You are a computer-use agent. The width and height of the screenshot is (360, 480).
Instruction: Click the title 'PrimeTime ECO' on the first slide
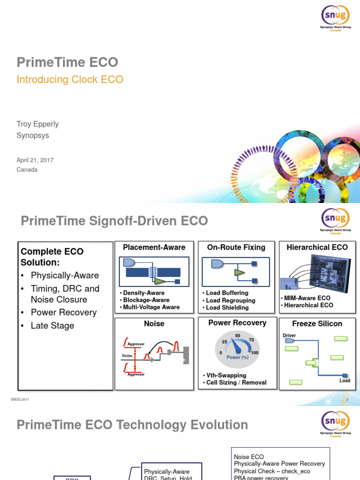[67, 62]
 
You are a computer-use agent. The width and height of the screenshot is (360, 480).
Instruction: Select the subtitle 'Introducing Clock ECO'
[70, 80]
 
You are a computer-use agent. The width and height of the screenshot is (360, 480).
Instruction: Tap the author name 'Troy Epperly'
[37, 124]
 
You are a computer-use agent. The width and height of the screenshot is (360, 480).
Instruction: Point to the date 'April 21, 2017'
[35, 160]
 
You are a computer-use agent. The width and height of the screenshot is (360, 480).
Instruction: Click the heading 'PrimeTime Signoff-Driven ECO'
[112, 221]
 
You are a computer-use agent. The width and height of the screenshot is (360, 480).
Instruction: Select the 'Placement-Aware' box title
[154, 247]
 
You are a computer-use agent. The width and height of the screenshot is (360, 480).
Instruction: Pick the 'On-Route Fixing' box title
[236, 247]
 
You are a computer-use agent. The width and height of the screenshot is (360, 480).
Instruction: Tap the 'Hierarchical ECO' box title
[317, 247]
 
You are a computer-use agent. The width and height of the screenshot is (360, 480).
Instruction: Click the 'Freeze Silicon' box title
[317, 323]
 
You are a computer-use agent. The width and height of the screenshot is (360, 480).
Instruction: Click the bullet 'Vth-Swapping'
[226, 375]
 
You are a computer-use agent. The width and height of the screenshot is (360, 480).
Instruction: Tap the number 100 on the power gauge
[255, 352]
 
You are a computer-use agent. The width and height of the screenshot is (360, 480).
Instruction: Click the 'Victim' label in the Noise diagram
[127, 356]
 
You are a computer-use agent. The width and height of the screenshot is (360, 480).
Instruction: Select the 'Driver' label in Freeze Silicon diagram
[289, 335]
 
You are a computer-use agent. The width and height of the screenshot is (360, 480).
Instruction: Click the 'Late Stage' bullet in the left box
[52, 326]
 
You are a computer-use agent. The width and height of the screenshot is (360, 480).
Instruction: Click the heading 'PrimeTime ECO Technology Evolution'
[132, 425]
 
